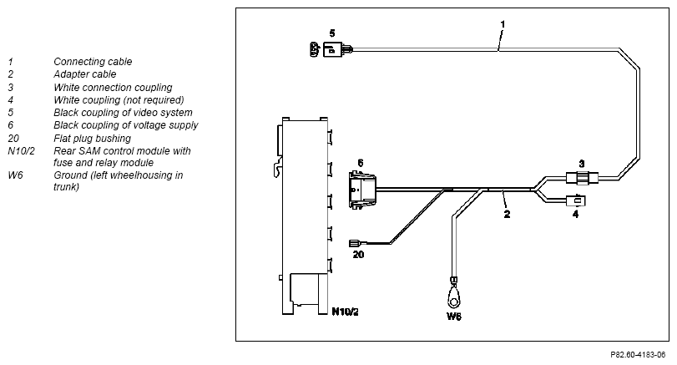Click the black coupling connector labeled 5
331,49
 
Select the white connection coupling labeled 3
582,178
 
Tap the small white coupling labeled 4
576,200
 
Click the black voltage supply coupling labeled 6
361,190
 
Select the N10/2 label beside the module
345,312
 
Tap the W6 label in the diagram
454,317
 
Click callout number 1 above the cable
503,24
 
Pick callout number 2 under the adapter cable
507,214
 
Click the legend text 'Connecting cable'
93,62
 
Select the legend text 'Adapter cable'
85,74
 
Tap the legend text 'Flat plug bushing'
93,139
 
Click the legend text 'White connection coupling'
114,88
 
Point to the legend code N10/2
21,151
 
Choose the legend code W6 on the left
15,175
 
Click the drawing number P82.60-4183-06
638,355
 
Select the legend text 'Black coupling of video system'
123,113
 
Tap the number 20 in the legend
13,139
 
